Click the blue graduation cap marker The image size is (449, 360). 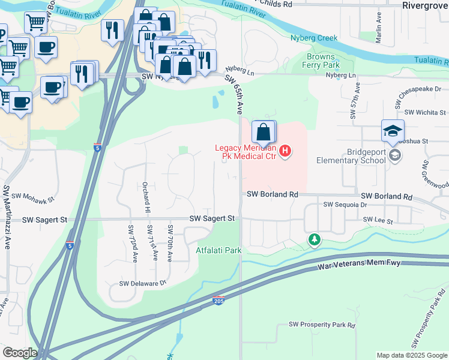pyautogui.click(x=393, y=131)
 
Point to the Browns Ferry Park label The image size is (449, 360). pyautogui.click(x=323, y=61)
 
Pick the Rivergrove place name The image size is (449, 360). pyautogui.click(x=425, y=5)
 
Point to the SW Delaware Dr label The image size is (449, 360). pyautogui.click(x=142, y=283)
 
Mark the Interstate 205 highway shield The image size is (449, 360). pyautogui.click(x=220, y=301)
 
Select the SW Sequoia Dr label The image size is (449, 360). pyautogui.click(x=345, y=205)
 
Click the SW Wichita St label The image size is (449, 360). pyautogui.click(x=426, y=112)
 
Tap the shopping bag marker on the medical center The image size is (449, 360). pyautogui.click(x=264, y=132)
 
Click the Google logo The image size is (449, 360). pyautogui.click(x=20, y=353)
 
